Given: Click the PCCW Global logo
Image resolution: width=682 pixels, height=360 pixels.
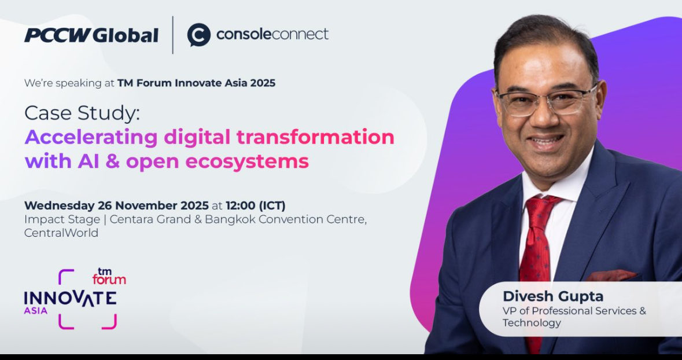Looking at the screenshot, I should tap(91, 35).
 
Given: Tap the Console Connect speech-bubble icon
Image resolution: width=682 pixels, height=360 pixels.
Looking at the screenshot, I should tap(198, 35).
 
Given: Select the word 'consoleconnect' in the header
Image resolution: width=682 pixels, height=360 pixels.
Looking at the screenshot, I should tap(272, 34).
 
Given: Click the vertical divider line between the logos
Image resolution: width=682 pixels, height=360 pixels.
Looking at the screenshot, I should tap(173, 35).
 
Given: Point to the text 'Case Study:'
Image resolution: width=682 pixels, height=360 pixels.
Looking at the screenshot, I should tap(82, 113).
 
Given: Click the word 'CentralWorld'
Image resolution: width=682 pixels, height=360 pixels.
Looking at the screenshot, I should tap(61, 233).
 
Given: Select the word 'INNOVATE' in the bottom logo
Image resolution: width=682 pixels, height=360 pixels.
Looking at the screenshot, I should tap(70, 298).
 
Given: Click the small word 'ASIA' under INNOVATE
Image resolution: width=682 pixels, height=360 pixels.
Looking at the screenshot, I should tap(36, 311).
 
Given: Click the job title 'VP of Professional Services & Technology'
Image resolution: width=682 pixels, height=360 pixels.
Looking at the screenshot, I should tap(573, 317).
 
